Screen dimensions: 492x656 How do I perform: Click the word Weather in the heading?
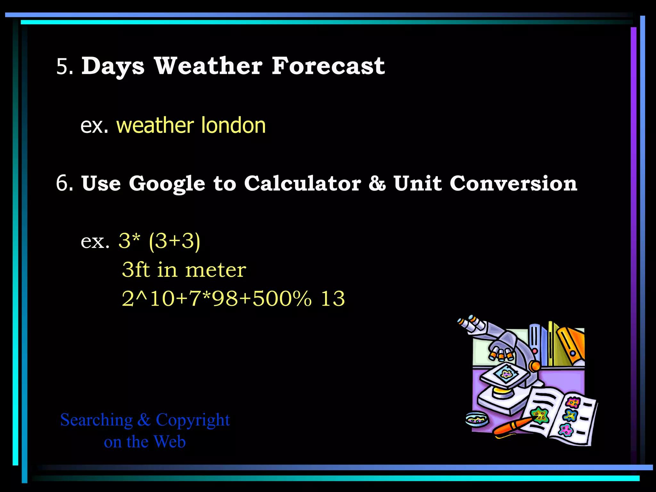(x=209, y=66)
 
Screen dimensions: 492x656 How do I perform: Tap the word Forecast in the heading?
(x=328, y=66)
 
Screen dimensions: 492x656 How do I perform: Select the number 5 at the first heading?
(x=62, y=67)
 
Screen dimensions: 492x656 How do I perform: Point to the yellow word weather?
(x=155, y=126)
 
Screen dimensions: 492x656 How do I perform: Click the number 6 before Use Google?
(x=62, y=184)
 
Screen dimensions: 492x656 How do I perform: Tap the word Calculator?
(x=303, y=184)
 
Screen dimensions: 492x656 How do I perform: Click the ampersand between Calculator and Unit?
(x=377, y=184)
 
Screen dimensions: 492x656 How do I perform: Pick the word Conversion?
(x=513, y=184)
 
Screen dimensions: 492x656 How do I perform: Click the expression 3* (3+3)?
(x=159, y=241)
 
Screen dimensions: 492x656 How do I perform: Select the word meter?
(x=216, y=270)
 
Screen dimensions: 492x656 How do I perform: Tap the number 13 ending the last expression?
(x=333, y=299)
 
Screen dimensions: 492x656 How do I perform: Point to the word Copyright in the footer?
(x=193, y=420)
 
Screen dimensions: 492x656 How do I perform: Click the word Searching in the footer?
(x=96, y=420)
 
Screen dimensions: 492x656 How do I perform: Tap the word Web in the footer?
(x=169, y=442)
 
